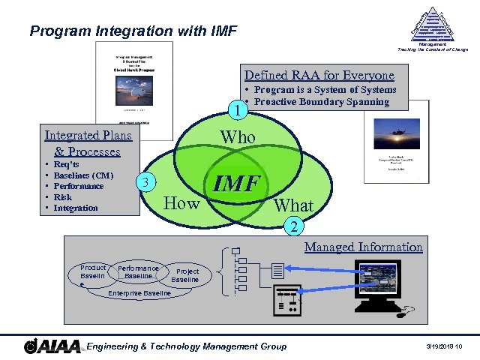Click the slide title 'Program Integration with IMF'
tap(133, 31)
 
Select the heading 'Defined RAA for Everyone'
tap(319, 76)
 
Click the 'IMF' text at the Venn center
tap(236, 184)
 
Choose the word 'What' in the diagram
tap(293, 205)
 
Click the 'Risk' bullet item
tap(64, 196)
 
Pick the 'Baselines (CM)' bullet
tap(83, 175)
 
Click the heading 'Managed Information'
tap(363, 247)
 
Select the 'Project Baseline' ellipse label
tap(187, 275)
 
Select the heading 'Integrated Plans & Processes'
tap(88, 143)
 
